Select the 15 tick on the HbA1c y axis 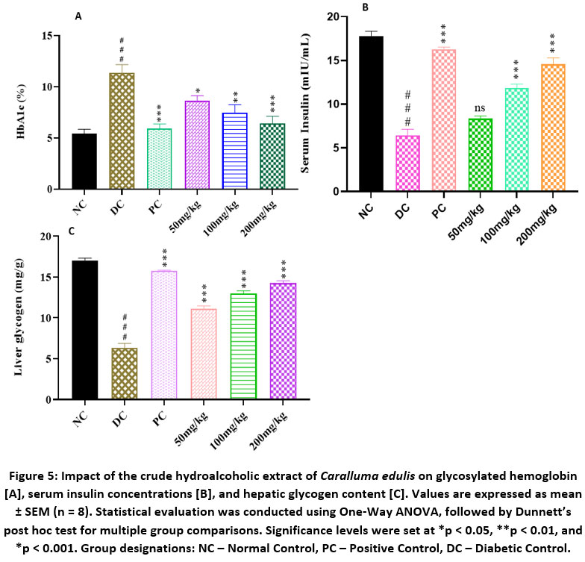pyautogui.click(x=49, y=36)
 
